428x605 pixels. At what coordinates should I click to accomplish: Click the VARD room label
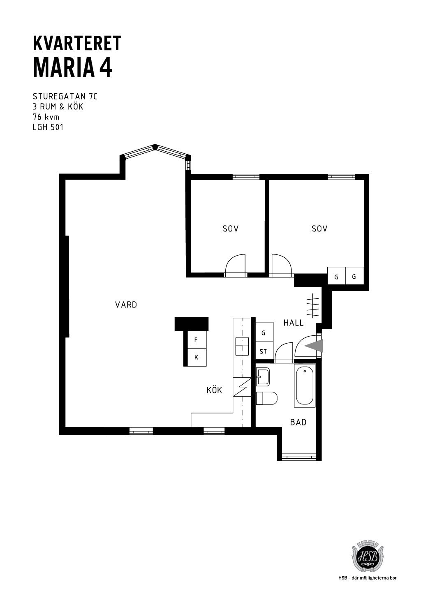126,305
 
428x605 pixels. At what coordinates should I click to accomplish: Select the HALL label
294,323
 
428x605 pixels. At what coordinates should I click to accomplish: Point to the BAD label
298,422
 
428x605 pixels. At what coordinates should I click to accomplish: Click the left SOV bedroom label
231,229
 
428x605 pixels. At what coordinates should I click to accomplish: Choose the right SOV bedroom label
319,229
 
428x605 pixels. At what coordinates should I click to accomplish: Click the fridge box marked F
197,340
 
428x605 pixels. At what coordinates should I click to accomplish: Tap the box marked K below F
197,357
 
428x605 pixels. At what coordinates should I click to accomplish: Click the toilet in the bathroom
266,398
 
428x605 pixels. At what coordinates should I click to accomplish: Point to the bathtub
305,386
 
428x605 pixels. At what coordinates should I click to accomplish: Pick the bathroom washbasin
263,377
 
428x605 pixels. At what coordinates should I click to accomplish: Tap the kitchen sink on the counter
242,346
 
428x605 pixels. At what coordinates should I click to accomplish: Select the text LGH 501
48,127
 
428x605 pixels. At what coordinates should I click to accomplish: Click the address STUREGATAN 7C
65,97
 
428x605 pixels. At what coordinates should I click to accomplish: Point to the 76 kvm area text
46,117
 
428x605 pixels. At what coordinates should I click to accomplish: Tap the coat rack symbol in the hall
313,305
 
